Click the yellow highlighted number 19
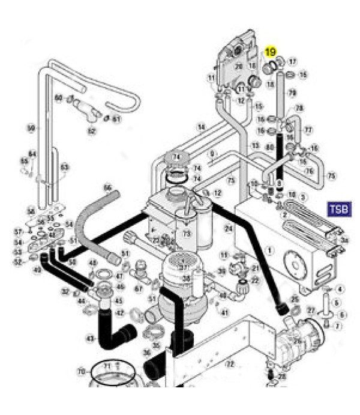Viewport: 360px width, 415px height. click(271, 52)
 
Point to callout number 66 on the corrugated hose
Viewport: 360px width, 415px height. click(108, 187)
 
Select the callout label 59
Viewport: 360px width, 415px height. click(31, 127)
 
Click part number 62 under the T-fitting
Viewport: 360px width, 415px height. click(91, 130)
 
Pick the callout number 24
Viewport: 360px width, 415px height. click(229, 229)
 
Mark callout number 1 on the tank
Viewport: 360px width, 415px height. click(269, 250)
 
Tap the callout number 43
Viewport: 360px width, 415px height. click(90, 339)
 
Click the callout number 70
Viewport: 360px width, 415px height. click(82, 372)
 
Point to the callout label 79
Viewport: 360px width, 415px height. click(292, 93)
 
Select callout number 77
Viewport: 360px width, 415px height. click(309, 130)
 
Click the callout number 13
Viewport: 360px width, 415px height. click(255, 145)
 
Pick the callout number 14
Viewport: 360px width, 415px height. click(202, 127)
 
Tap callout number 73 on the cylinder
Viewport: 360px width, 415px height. click(187, 233)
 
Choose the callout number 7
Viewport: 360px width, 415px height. click(337, 326)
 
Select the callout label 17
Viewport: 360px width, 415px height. click(293, 62)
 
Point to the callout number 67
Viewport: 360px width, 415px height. click(139, 289)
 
